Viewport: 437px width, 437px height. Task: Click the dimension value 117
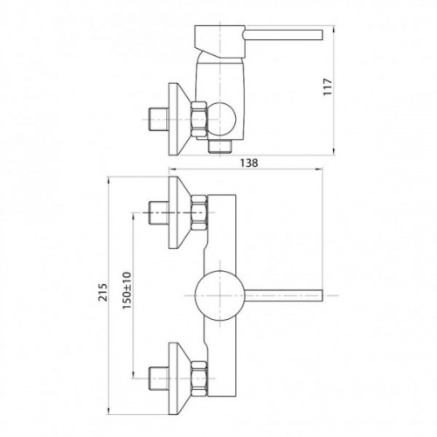tap(328, 87)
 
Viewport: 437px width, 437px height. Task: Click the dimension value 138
tap(249, 163)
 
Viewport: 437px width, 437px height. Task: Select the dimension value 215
tap(103, 292)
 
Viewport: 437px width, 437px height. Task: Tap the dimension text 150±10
tap(127, 291)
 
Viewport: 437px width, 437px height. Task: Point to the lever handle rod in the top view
tap(283, 34)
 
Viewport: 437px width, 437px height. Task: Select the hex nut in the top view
tap(199, 119)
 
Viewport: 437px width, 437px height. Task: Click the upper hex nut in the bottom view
tap(199, 213)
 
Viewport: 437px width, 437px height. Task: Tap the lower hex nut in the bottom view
tap(199, 378)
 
